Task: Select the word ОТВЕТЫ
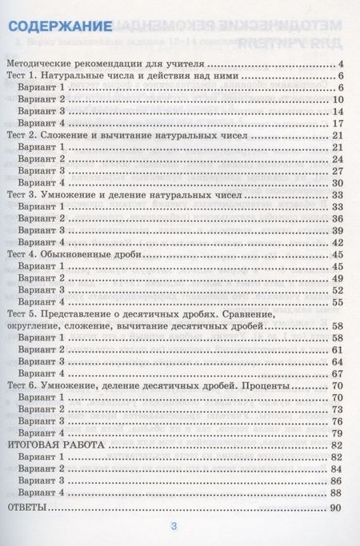pos(25,508)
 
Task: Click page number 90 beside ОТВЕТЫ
pos(335,508)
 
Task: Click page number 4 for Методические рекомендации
pos(339,62)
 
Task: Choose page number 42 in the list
pos(336,241)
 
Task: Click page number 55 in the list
pos(336,302)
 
